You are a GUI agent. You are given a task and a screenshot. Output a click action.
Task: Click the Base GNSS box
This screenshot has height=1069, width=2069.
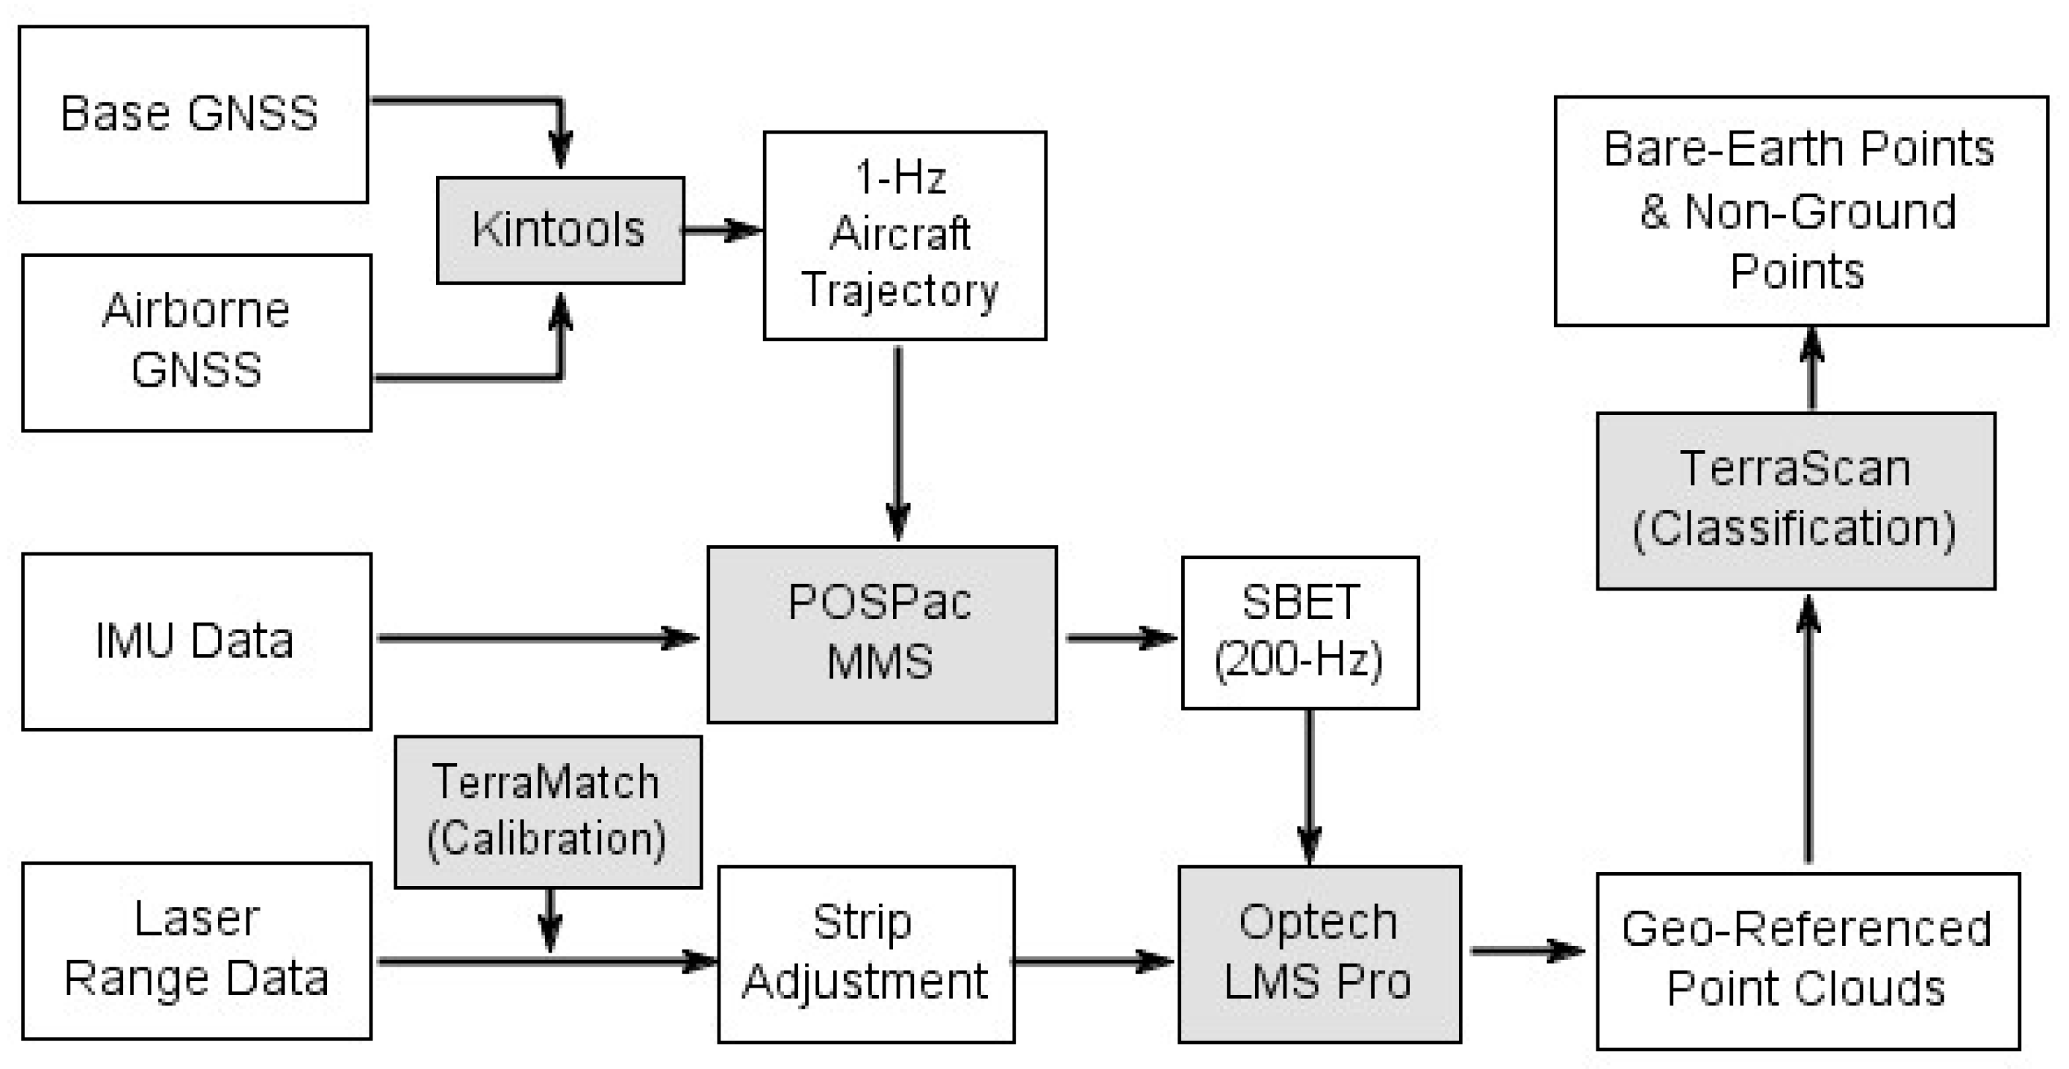[193, 114]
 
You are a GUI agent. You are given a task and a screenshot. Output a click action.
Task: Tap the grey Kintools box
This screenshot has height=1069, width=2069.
[560, 231]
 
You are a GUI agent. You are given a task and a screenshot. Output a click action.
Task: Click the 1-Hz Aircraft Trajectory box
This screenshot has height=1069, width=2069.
[904, 235]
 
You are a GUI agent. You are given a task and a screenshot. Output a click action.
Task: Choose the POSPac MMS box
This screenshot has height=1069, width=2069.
[881, 635]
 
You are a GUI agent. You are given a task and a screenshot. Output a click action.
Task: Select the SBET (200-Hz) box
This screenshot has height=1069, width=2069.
[1299, 632]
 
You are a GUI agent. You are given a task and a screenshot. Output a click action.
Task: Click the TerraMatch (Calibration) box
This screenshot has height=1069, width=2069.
[548, 811]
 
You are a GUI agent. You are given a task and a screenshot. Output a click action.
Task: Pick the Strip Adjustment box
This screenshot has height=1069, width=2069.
[866, 953]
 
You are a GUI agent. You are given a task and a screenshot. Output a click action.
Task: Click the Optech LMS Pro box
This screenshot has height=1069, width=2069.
[1319, 953]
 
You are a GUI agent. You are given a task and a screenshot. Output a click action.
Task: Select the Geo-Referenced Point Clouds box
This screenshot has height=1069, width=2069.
[1807, 961]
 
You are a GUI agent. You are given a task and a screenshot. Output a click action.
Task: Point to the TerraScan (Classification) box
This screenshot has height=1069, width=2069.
[1795, 501]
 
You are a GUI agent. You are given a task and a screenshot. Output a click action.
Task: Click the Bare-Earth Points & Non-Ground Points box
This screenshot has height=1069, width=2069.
[1800, 211]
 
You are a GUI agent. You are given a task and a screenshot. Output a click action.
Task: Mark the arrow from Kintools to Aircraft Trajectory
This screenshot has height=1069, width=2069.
[721, 231]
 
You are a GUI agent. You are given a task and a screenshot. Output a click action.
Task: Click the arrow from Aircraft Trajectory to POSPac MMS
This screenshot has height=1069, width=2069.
[897, 442]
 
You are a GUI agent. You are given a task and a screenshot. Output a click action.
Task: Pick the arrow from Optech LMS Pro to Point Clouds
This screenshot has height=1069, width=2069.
[1526, 951]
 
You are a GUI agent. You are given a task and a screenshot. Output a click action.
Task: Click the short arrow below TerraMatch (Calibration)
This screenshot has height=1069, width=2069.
[550, 920]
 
